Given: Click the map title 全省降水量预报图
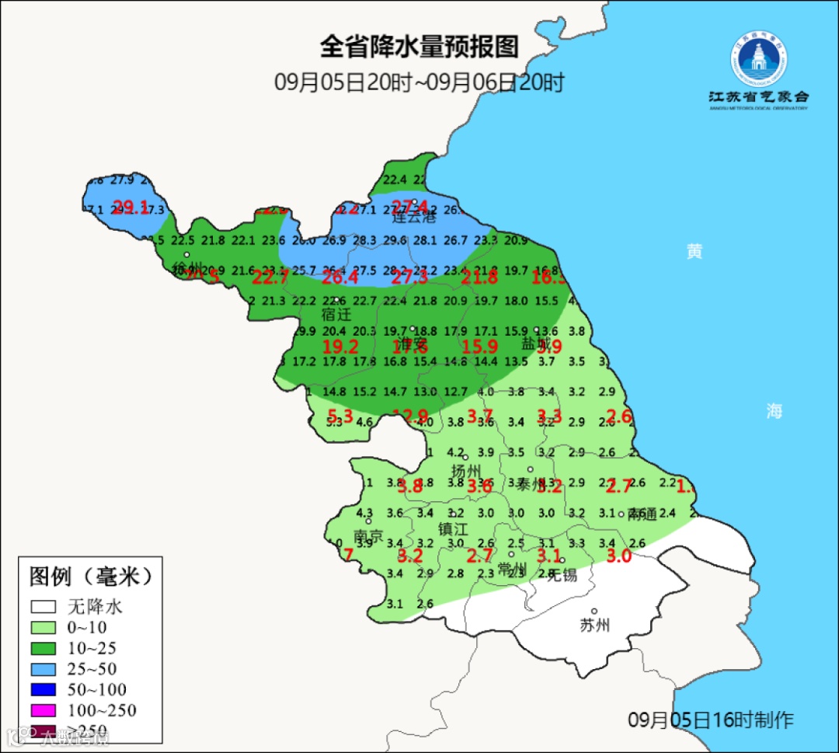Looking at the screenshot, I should pos(419,47).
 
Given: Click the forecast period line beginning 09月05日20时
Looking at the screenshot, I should pos(419,82).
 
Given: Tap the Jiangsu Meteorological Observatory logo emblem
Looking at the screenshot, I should pos(758,61).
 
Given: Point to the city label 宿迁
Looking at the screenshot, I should pos(336,315).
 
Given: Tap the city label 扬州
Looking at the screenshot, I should pos(467,471).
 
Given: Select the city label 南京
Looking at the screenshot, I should pos(368,536).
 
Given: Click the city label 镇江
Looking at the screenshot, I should pos(454,528).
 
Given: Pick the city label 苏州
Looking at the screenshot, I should pos(594,626).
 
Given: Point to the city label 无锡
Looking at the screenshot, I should pos(562,575).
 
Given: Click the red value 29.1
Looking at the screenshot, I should pos(131,207).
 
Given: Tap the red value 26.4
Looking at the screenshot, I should pos(340,277).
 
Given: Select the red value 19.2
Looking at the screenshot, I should pos(340,347).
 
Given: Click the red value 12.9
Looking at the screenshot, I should pos(411,415).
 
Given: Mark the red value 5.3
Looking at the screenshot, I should pos(340,415).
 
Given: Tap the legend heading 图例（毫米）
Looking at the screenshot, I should pos(90,577).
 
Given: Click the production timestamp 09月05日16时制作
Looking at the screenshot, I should pos(710,720).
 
